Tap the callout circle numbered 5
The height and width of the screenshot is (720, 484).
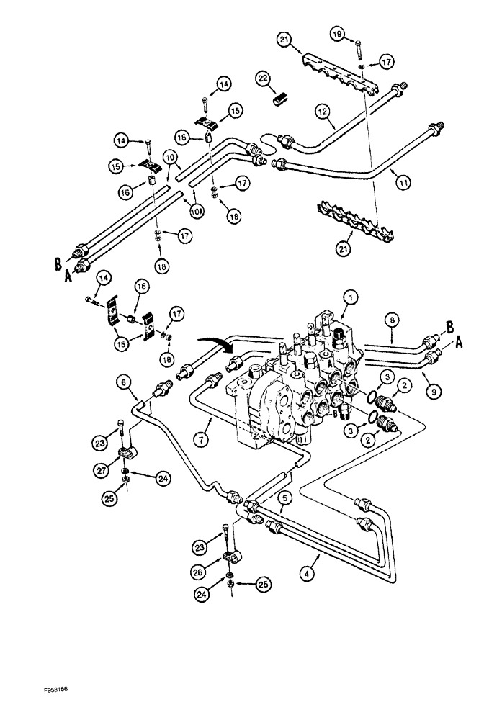[287, 496]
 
